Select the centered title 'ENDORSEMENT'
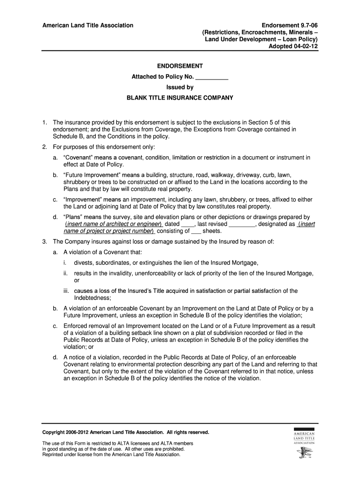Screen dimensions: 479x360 click(x=180, y=66)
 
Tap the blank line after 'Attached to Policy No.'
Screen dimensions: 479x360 click(x=211, y=77)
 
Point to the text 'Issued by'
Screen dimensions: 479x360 click(x=180, y=87)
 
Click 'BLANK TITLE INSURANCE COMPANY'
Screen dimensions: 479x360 click(x=180, y=98)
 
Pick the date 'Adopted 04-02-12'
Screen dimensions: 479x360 click(x=296, y=46)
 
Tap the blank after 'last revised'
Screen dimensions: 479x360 click(x=243, y=224)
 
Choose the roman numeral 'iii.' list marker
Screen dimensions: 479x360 click(x=67, y=291)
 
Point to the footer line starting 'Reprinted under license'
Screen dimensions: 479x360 click(x=111, y=454)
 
